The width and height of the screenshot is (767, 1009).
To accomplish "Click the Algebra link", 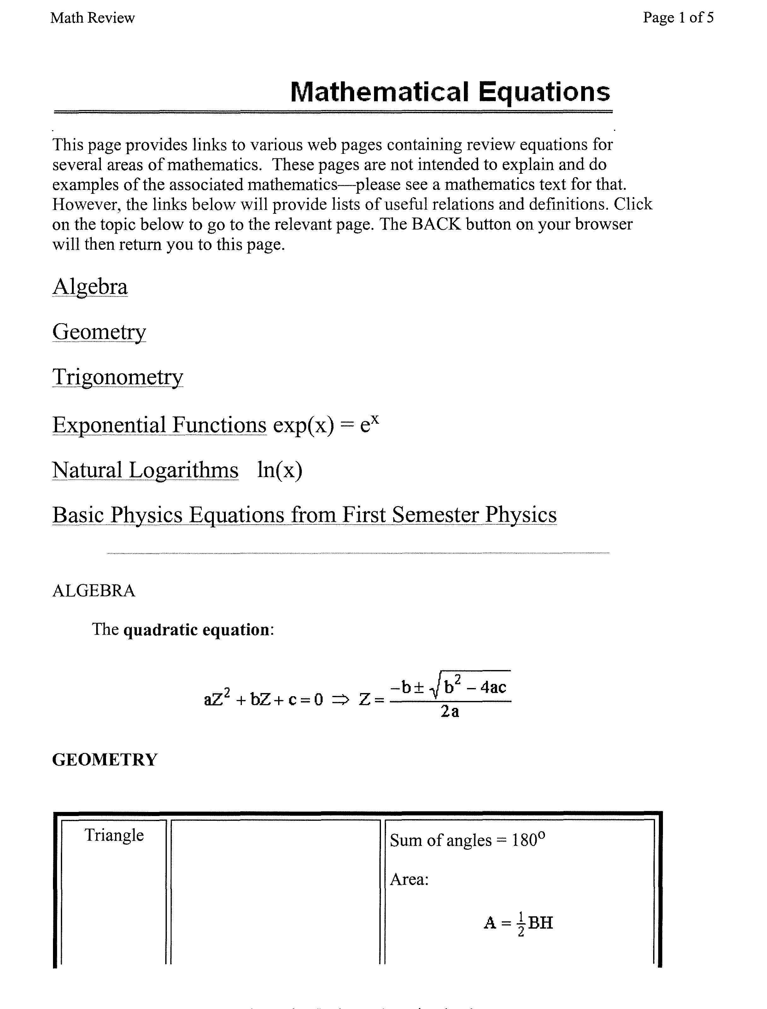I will (x=90, y=287).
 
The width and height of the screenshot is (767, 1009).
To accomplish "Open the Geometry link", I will (x=99, y=332).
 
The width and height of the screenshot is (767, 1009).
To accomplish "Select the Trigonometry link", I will (x=118, y=377).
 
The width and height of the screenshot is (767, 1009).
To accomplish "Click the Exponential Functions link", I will (x=159, y=424).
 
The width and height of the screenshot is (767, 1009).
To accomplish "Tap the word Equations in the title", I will (x=544, y=92).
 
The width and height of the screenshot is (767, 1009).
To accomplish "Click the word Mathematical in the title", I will (x=379, y=92).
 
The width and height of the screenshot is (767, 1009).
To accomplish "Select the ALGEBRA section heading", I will (x=94, y=591).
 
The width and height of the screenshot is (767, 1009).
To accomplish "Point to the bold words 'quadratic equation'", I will (x=196, y=630).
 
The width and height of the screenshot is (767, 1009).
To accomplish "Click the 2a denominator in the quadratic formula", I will (x=450, y=711).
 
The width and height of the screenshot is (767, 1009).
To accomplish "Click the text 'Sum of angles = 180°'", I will (x=467, y=840).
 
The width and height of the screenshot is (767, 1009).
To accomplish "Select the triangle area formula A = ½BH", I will (x=518, y=923).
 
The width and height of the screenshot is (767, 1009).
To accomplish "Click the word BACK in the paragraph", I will (x=436, y=224).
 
